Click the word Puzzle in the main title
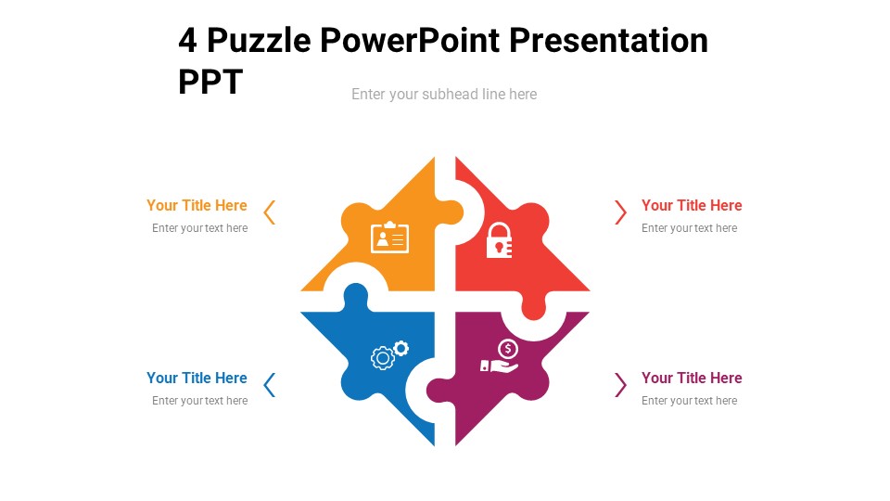259,41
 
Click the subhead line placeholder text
444,94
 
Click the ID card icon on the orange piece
389,238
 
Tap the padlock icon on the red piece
499,240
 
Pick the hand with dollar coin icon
500,357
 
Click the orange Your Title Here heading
197,206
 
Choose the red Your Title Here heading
692,206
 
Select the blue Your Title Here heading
197,379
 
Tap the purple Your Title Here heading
692,379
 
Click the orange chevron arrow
270,212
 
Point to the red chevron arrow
620,212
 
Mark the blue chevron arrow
270,385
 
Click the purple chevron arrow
620,385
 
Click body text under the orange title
199,228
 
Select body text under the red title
689,228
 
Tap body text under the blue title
199,401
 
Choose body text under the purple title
689,401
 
